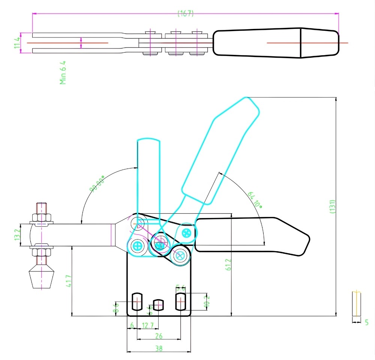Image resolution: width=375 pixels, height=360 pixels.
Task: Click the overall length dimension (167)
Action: [x=185, y=14]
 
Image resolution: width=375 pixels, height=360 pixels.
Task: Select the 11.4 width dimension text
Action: [x=16, y=43]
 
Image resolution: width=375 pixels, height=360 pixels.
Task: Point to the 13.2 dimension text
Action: [x=16, y=235]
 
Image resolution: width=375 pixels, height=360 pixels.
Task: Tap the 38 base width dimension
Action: [x=159, y=348]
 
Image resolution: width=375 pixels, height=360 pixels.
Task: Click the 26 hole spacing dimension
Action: [x=159, y=336]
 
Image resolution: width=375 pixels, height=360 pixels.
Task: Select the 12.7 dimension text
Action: [x=147, y=325]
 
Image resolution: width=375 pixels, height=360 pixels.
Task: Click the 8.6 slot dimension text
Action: [x=117, y=308]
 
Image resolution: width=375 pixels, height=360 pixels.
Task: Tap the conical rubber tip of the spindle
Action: [x=41, y=278]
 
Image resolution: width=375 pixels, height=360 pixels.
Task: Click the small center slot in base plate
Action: [x=159, y=304]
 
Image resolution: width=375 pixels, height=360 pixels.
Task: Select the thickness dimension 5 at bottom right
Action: [x=366, y=322]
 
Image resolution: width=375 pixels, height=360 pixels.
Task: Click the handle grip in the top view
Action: [x=276, y=43]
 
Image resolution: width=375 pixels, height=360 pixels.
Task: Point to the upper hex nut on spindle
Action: [x=41, y=217]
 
